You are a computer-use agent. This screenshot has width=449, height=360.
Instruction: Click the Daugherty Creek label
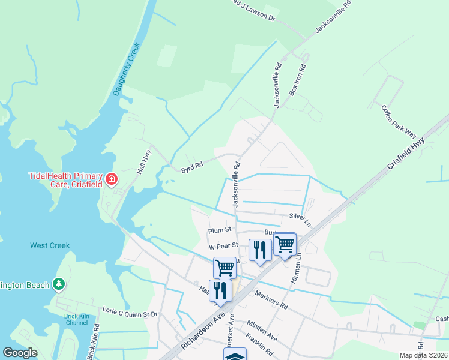[x=126, y=69]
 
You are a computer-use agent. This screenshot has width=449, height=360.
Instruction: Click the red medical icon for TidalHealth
[x=111, y=179]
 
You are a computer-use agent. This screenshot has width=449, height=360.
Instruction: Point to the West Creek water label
[x=50, y=245]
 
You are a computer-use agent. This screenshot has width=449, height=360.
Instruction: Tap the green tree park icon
[x=58, y=284]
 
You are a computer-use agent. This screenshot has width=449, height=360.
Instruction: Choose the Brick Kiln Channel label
[x=76, y=319]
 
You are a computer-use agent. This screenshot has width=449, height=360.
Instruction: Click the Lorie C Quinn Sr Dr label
[x=130, y=312]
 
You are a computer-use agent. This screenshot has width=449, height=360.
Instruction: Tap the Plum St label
[x=220, y=230]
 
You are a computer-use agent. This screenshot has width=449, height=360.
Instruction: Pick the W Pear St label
[x=223, y=246]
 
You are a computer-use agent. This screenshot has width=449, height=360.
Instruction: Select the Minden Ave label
[x=261, y=332]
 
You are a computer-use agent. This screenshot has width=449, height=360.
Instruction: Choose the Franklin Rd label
[x=259, y=346]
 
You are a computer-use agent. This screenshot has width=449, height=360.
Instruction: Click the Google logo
[x=20, y=353]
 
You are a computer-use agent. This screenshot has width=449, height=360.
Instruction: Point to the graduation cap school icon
[x=235, y=356]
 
